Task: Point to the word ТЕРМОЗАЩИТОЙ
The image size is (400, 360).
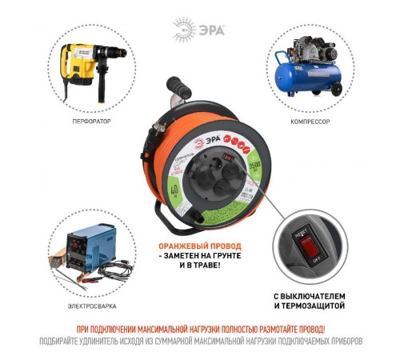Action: click(x=323, y=305)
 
